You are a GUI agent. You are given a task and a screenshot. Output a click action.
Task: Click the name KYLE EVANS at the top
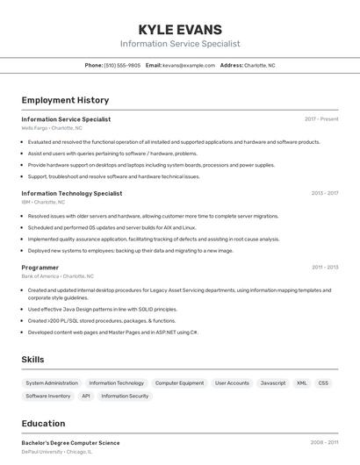180,29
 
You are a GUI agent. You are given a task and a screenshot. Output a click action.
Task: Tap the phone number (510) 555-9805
122,65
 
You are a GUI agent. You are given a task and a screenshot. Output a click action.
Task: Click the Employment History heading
65,100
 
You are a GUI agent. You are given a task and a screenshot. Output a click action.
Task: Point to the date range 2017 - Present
321,119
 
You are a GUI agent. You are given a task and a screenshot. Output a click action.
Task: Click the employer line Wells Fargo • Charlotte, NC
52,128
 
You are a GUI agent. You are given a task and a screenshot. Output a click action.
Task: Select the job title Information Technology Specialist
72,193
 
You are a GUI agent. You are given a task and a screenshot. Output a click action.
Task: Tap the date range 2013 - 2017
325,193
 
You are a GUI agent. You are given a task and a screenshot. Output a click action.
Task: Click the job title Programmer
40,268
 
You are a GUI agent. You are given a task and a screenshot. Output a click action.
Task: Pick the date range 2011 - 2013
325,268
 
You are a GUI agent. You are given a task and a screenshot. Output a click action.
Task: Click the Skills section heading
33,360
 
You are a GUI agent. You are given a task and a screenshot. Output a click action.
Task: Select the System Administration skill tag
52,383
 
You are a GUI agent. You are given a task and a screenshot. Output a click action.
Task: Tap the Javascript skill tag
273,383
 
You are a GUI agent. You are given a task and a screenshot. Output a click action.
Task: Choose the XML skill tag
302,383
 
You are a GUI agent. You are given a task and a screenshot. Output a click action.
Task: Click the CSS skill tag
324,383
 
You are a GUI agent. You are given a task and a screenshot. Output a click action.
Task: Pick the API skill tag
86,397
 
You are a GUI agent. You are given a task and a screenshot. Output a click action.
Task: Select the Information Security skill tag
126,397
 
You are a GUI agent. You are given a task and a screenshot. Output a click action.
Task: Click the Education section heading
44,424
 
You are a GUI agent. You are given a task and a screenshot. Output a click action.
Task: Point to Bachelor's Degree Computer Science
70,443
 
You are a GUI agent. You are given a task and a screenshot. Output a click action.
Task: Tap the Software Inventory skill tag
48,397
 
